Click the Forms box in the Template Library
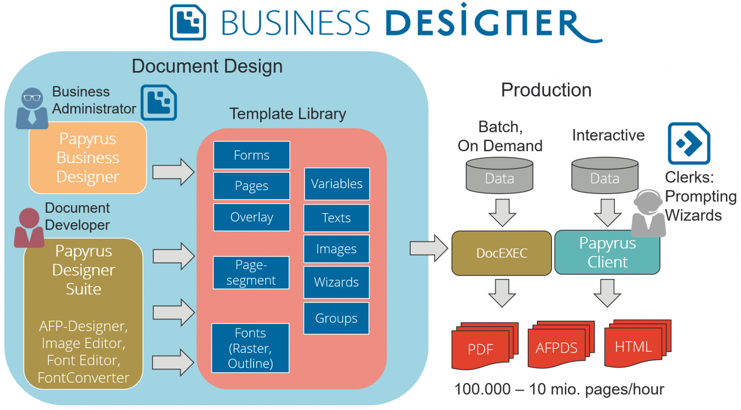(x=252, y=155)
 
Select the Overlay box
(x=252, y=217)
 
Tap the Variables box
(x=337, y=184)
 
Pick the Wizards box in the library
(x=336, y=282)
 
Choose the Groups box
(x=336, y=318)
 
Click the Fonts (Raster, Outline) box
(x=250, y=348)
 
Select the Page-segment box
(x=251, y=272)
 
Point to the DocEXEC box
(x=501, y=253)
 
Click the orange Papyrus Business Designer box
(x=87, y=158)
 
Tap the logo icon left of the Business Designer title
(x=188, y=22)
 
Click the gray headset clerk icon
(x=648, y=213)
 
